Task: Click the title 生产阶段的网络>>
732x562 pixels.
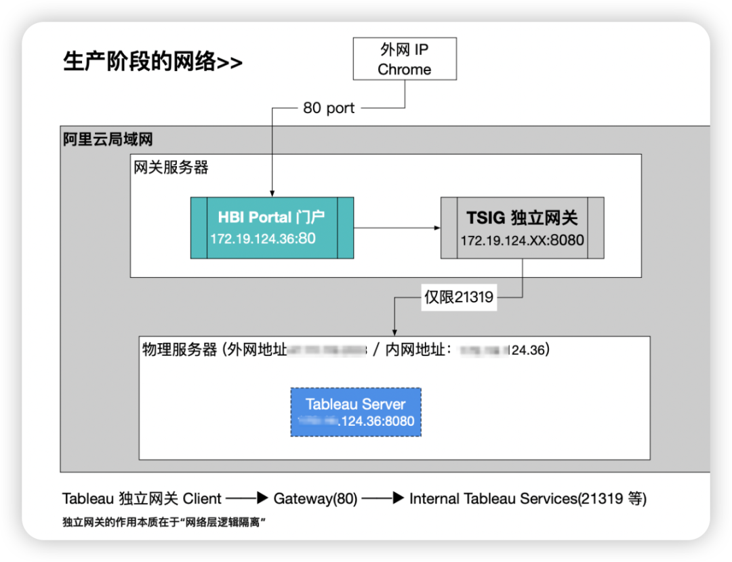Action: point(152,62)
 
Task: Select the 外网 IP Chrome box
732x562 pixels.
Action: point(404,60)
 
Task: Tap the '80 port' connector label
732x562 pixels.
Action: point(329,108)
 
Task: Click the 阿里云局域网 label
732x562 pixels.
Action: point(108,140)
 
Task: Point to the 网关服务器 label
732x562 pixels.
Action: point(171,167)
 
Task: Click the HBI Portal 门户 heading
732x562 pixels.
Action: point(271,218)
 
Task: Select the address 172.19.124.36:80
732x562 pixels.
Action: point(263,239)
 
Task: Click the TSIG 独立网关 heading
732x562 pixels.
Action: point(522,218)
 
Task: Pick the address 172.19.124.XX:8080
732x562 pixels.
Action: point(522,240)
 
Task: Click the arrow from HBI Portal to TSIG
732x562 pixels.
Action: point(397,228)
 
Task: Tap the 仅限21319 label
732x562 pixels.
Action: point(459,297)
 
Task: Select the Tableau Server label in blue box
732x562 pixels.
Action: point(355,404)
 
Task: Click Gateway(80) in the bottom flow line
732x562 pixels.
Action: point(315,499)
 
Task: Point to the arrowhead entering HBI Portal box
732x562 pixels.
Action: point(272,194)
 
